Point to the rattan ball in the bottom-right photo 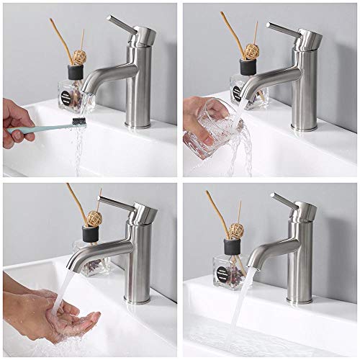click(x=235, y=230)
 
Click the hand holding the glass click(x=198, y=108)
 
